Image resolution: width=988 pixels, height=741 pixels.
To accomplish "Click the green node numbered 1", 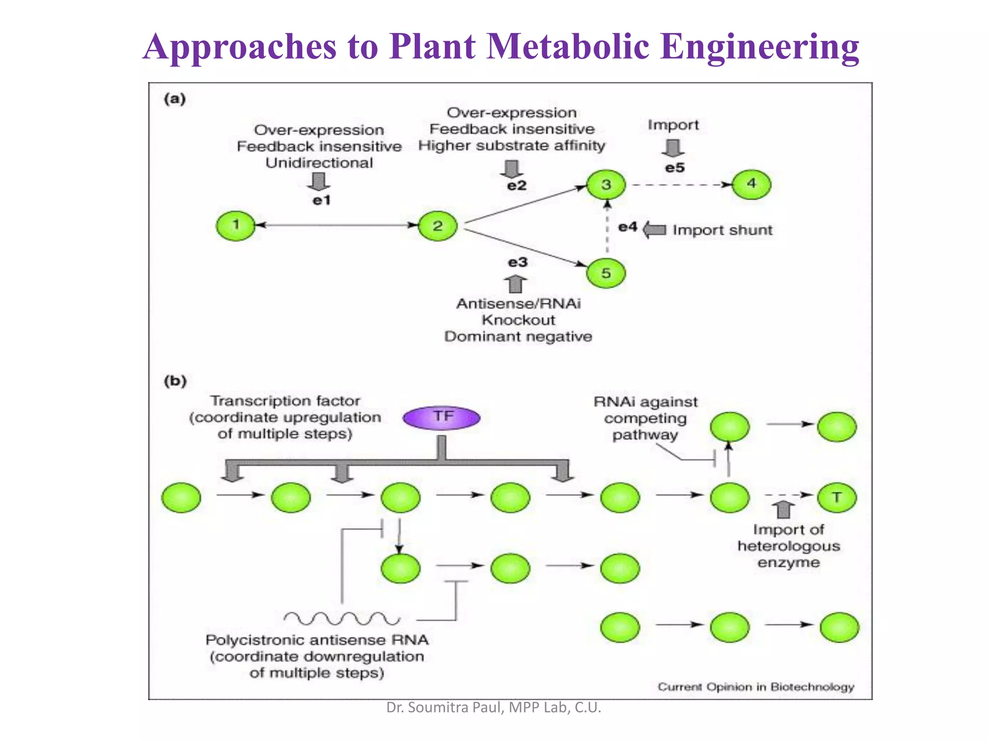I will click(x=235, y=225).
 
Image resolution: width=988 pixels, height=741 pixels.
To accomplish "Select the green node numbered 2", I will click(x=438, y=226).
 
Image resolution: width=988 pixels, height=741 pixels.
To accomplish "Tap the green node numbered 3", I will click(x=606, y=184).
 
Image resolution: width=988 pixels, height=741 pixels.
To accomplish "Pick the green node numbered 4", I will click(x=751, y=184).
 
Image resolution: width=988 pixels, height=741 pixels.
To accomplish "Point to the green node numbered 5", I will click(x=606, y=273).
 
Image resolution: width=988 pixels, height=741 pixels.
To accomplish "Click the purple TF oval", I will click(x=441, y=417).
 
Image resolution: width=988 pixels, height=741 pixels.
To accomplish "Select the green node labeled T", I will click(x=837, y=497).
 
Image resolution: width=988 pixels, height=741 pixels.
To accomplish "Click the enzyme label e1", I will click(x=321, y=200).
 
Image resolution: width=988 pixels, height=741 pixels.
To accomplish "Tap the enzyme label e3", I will click(x=518, y=262).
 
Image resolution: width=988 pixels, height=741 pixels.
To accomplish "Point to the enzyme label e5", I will click(x=674, y=168).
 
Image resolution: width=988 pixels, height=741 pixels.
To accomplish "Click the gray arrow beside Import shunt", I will click(x=655, y=230).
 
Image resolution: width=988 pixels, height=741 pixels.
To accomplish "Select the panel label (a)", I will click(x=175, y=99).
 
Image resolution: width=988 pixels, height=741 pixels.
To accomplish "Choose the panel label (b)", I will click(x=175, y=381).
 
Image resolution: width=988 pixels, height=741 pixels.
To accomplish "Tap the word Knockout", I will click(x=518, y=320).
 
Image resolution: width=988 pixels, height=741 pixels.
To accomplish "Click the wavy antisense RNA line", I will click(x=342, y=618).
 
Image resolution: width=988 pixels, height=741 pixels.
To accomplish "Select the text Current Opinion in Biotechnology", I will click(x=755, y=686).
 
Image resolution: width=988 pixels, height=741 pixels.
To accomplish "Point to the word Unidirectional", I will click(x=319, y=163).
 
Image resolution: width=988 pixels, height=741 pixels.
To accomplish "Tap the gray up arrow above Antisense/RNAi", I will click(x=515, y=284).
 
